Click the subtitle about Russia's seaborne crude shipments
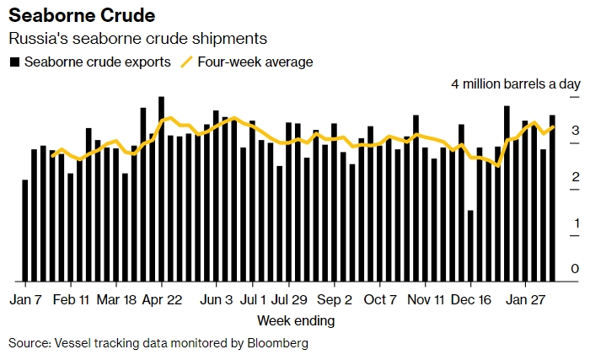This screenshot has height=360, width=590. coord(138,39)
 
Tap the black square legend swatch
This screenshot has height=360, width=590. coord(14,62)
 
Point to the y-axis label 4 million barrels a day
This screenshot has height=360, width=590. coord(516,84)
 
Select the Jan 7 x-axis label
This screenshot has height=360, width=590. coord(26,299)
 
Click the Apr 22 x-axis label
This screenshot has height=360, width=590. coord(162,299)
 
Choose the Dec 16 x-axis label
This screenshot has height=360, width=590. coord(470,299)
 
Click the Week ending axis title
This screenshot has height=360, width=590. coord(296,320)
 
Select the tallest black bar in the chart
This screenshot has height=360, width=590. coord(161,189)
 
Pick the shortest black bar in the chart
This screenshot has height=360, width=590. coord(470,245)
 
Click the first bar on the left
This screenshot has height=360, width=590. coord(25,230)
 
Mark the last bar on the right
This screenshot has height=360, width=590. coord(553,198)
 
